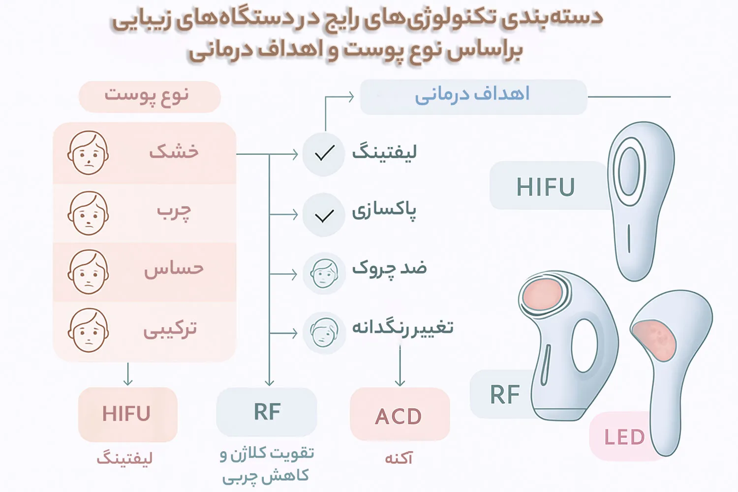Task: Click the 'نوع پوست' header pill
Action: [x=150, y=96]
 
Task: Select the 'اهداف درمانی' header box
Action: [x=473, y=97]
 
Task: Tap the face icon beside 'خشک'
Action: [x=88, y=153]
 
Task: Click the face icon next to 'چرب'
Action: [x=88, y=213]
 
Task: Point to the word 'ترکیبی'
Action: [x=170, y=329]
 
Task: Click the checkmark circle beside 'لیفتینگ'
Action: [x=324, y=154]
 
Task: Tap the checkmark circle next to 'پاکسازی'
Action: [x=324, y=215]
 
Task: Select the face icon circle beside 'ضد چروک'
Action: [x=324, y=274]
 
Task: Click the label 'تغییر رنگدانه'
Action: [x=402, y=328]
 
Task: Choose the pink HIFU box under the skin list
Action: [x=128, y=414]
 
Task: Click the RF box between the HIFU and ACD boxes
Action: [x=267, y=412]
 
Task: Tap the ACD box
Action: [x=400, y=414]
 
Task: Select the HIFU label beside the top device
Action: [x=549, y=185]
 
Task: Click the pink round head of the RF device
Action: [x=543, y=294]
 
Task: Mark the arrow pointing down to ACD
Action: [x=400, y=365]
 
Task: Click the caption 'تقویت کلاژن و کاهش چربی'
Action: [x=267, y=465]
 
